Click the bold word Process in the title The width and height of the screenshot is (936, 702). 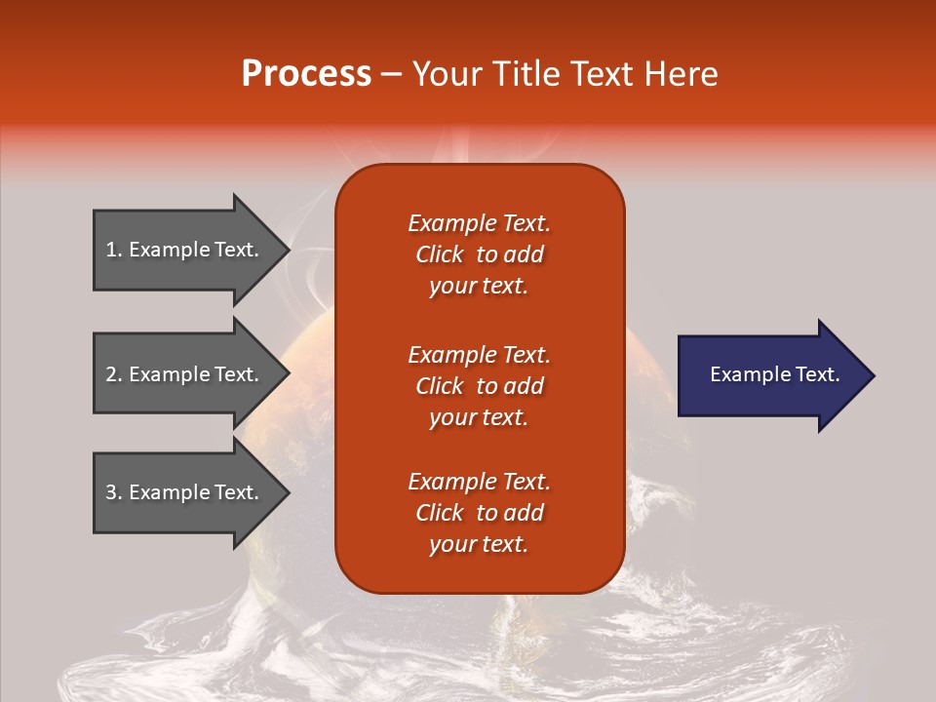306,74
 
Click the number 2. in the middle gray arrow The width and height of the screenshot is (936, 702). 114,374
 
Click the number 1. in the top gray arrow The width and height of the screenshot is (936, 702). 114,250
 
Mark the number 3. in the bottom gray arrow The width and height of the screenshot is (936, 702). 114,492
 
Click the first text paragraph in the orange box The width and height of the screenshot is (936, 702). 479,254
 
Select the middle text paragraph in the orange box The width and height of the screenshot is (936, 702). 479,386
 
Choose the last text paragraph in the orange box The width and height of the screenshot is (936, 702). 479,513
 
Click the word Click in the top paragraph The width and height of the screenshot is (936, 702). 440,254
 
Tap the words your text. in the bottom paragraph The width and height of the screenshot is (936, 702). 479,544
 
